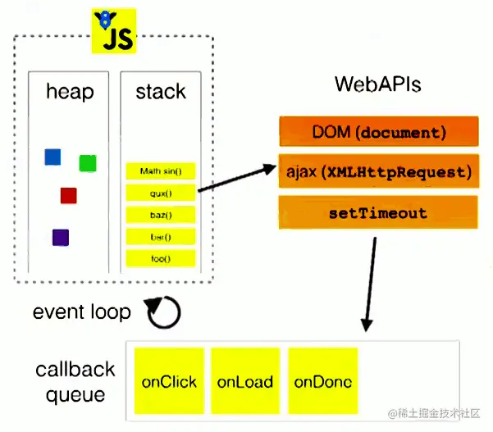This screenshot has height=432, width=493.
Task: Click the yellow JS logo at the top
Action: click(x=113, y=30)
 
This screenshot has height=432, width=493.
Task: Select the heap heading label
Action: click(x=70, y=91)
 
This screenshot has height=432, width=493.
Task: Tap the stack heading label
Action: click(x=161, y=91)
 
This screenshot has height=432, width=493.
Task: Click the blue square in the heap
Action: click(x=52, y=157)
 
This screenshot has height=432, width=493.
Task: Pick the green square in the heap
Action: click(x=88, y=163)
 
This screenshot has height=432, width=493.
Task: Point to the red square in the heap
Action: click(x=68, y=195)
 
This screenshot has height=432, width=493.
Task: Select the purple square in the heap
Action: click(x=60, y=238)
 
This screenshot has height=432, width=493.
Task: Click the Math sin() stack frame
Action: click(x=161, y=171)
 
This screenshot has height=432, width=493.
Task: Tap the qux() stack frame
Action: click(x=161, y=193)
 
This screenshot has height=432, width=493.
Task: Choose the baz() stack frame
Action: click(x=161, y=215)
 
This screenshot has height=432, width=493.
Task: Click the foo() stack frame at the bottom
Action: click(x=161, y=258)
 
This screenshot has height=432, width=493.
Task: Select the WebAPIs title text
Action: click(x=378, y=85)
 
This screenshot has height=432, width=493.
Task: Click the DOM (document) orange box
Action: click(x=379, y=132)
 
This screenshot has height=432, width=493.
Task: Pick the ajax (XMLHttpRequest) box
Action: click(x=379, y=172)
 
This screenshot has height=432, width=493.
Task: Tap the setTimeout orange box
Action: click(x=379, y=213)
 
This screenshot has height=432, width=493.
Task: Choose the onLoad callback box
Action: click(x=244, y=381)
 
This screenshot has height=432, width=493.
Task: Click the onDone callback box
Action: click(x=322, y=381)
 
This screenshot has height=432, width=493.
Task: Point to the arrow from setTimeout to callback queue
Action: click(x=369, y=283)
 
